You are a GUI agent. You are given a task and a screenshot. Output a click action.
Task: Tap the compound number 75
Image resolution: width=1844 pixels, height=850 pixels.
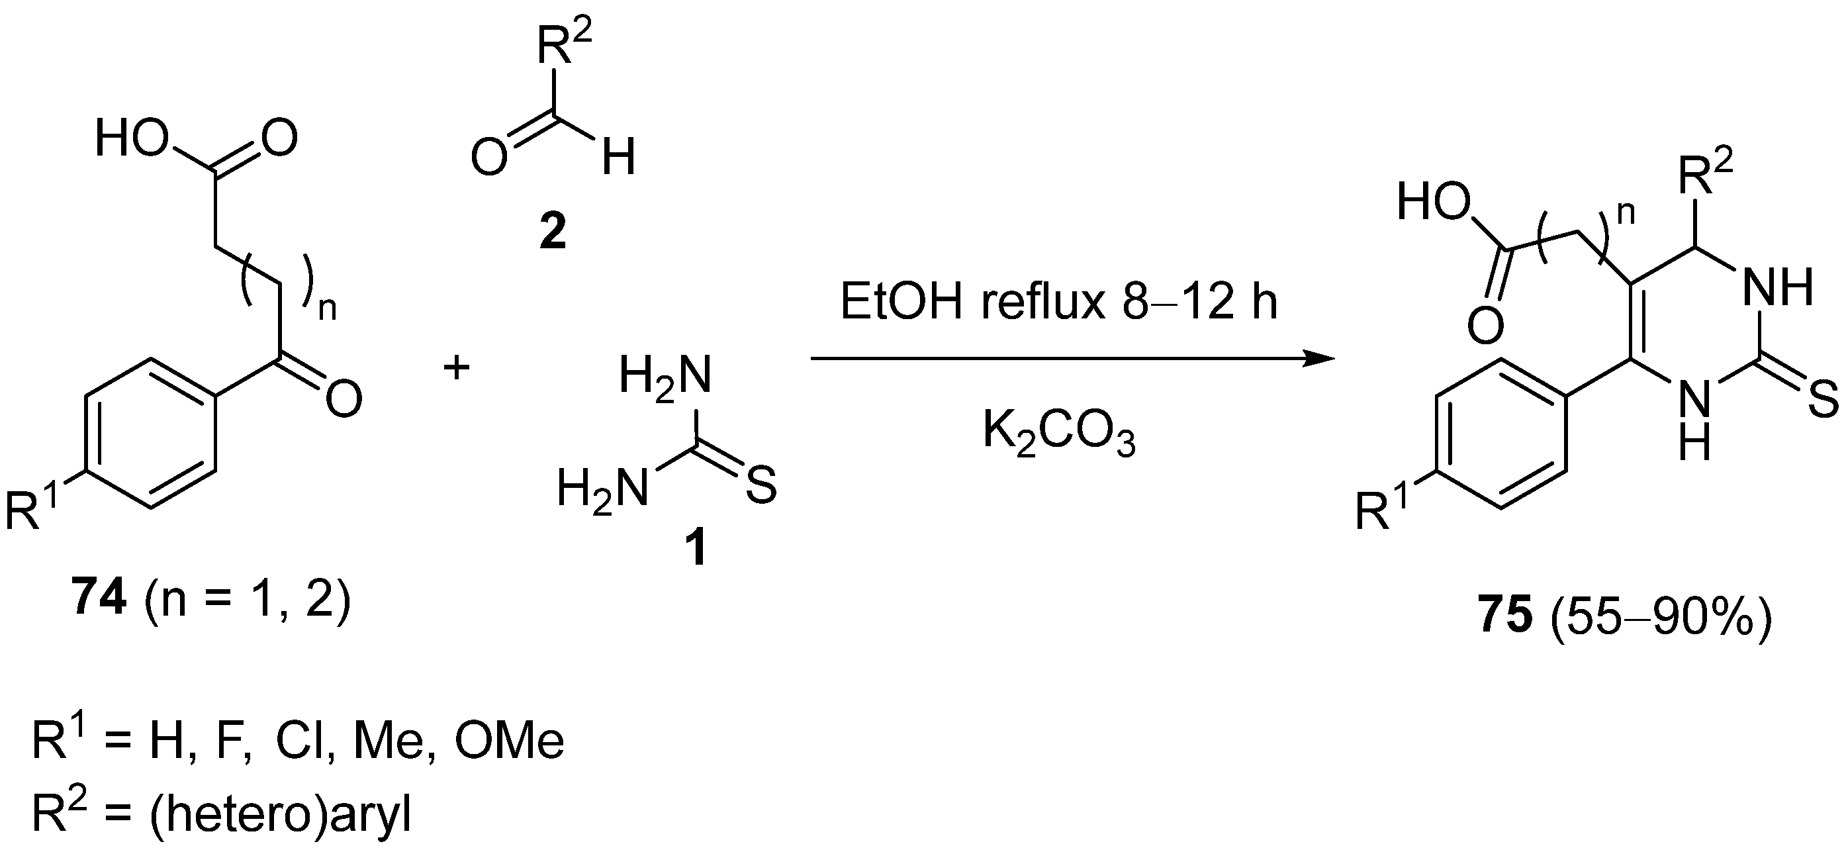(1504, 616)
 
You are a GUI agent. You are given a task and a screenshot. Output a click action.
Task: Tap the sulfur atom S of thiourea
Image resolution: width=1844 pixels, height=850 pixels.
(761, 487)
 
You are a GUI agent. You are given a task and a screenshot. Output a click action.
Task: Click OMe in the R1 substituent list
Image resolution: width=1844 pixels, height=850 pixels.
(509, 743)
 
